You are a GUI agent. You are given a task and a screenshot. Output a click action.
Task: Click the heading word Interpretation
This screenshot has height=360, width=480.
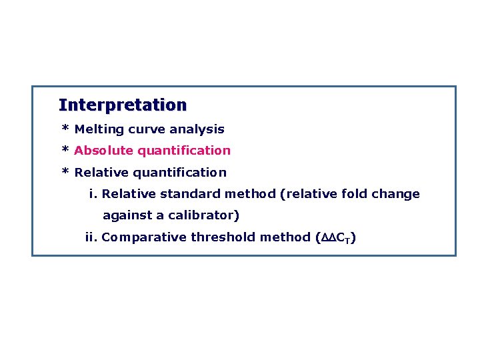[x=123, y=105]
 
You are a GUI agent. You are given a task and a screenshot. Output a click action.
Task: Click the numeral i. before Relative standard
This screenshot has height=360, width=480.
[x=93, y=194]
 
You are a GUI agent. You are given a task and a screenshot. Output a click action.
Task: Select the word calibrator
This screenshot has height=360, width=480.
[x=205, y=216]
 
